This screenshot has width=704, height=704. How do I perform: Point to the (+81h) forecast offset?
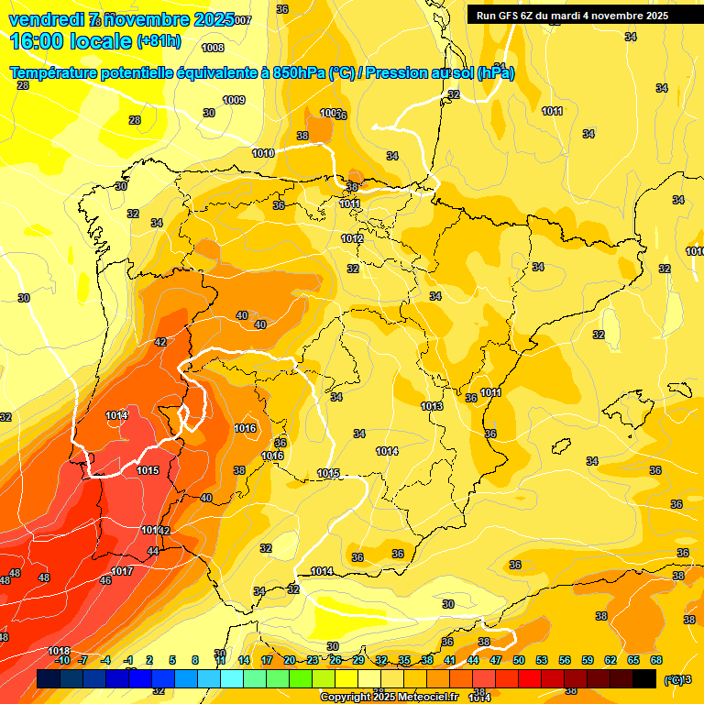tap(159, 41)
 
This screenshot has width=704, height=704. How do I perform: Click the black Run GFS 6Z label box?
tap(572, 16)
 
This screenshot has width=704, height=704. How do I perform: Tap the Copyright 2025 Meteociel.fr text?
tap(388, 698)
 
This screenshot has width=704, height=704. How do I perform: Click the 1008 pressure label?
tap(213, 48)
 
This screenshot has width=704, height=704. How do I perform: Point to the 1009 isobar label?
tap(234, 100)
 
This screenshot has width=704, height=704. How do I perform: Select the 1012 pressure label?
tap(352, 238)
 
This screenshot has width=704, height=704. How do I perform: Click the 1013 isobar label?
tap(432, 406)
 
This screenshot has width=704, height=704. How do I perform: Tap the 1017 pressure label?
tap(122, 571)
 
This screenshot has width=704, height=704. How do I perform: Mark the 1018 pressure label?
tap(58, 651)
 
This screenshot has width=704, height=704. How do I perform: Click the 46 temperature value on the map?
tap(105, 580)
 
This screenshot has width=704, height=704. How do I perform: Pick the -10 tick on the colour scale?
tap(62, 660)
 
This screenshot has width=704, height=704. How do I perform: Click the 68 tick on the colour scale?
tap(655, 660)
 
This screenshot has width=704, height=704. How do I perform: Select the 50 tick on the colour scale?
tap(519, 660)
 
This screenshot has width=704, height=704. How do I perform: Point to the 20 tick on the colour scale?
tap(290, 660)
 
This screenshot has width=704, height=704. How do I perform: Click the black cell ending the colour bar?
tap(644, 678)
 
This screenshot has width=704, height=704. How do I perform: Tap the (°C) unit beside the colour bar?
tap(675, 679)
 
